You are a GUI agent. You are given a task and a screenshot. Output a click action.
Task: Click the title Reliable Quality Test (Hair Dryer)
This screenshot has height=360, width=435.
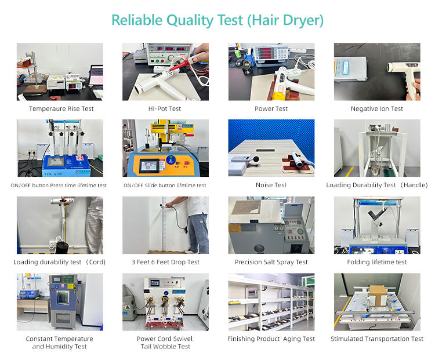[x=217, y=20]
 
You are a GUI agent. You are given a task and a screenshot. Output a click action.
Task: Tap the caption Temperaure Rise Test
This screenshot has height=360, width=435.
[x=61, y=108]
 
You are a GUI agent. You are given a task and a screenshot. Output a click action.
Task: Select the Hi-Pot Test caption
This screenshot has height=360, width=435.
[x=165, y=108]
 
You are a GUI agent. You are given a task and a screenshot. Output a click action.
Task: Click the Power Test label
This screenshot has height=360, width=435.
[x=271, y=108]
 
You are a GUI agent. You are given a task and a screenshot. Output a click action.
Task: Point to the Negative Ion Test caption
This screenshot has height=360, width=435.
[x=377, y=108]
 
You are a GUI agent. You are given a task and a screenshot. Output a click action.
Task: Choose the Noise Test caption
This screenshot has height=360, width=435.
[x=271, y=186]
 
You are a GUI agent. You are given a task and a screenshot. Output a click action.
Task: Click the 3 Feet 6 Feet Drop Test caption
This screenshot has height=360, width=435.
[x=165, y=262]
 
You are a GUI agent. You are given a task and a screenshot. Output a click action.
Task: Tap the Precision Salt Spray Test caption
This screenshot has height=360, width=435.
[x=271, y=262]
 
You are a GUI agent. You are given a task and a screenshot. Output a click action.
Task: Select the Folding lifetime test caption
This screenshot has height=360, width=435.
[x=377, y=262]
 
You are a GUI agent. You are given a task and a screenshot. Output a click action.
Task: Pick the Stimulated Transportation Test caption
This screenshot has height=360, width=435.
[x=377, y=339]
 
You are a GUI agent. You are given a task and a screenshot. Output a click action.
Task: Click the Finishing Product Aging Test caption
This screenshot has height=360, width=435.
[x=271, y=339]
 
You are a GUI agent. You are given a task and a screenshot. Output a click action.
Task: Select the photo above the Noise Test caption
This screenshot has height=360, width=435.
[x=271, y=148]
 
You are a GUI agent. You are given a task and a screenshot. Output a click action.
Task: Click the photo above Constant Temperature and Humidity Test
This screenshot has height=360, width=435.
[x=60, y=301]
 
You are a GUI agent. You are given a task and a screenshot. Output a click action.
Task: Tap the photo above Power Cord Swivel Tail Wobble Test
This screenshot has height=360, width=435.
[x=165, y=301]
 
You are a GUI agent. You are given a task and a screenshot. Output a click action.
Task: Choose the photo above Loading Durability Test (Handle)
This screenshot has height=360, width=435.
[x=377, y=148]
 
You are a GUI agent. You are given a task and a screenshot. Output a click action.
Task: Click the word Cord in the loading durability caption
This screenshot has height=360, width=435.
[x=96, y=262]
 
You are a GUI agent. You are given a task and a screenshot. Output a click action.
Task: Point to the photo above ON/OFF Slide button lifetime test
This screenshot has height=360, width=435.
[x=165, y=148]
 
